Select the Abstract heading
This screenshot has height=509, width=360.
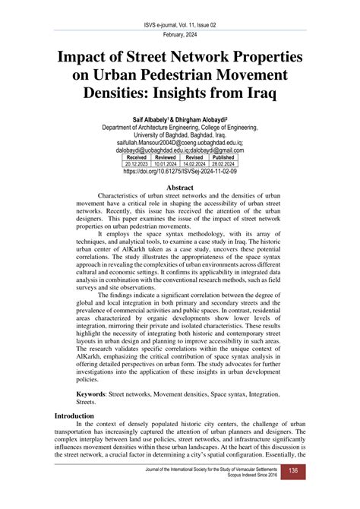click(179, 187)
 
